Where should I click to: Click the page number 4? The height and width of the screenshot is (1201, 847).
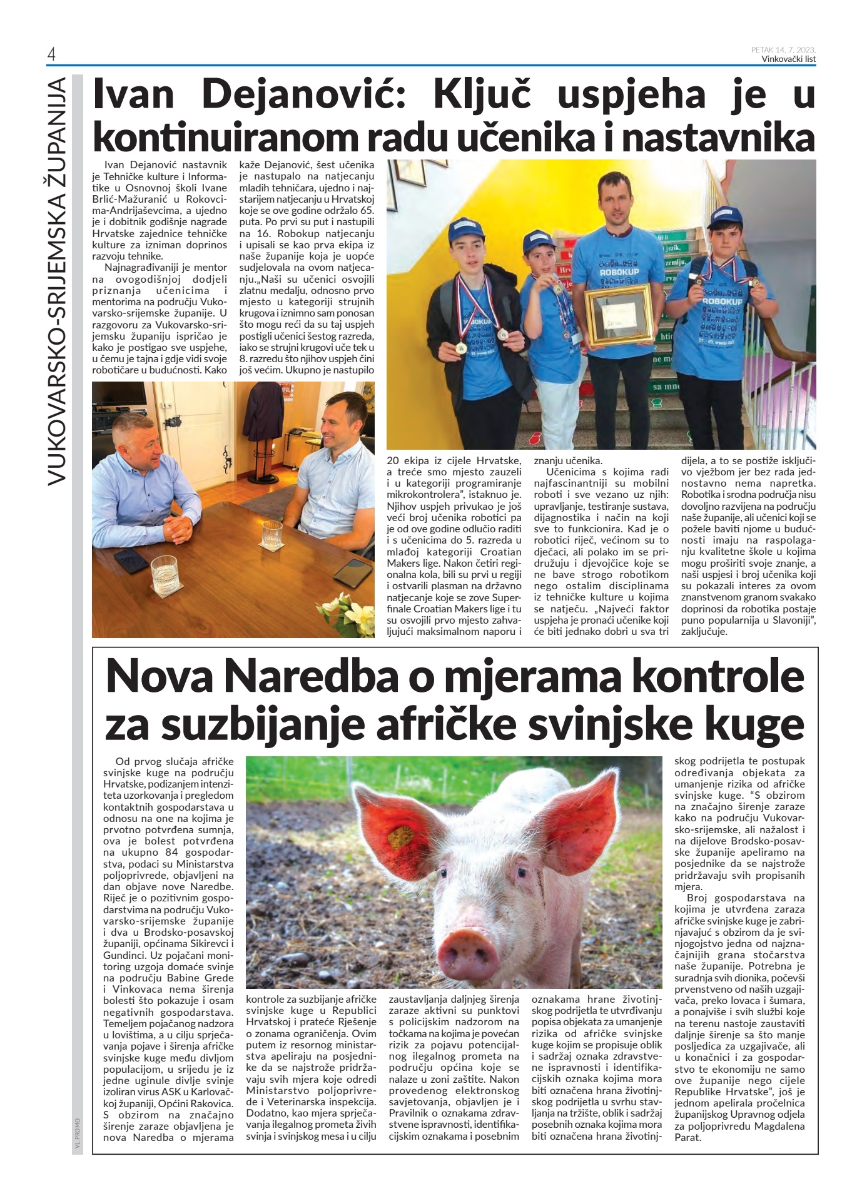(x=51, y=55)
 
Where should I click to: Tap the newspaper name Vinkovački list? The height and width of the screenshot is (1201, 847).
(x=788, y=59)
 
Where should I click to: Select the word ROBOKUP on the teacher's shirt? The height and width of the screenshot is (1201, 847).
(x=617, y=273)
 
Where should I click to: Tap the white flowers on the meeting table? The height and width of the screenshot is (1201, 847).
(x=345, y=615)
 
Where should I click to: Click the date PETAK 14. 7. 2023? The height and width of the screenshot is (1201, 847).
(x=783, y=49)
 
